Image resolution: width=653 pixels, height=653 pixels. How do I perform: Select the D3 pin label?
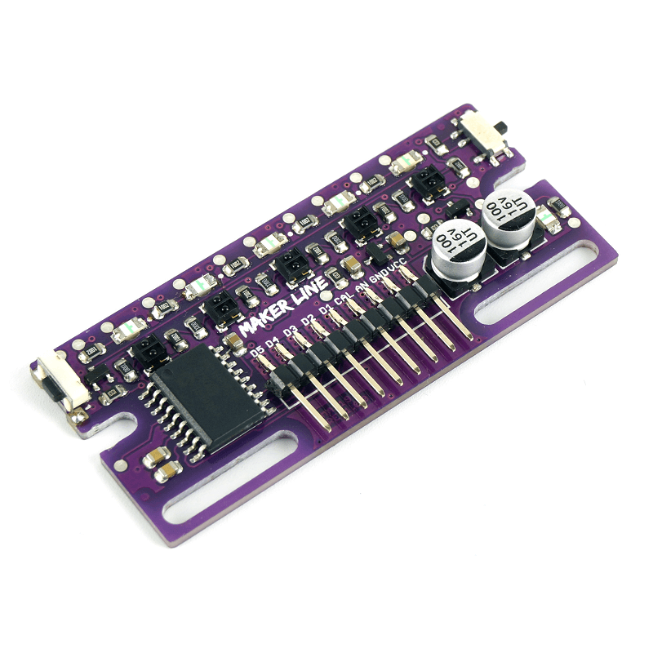[290, 332]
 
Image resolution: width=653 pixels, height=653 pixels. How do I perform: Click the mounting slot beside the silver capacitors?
[540, 282]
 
